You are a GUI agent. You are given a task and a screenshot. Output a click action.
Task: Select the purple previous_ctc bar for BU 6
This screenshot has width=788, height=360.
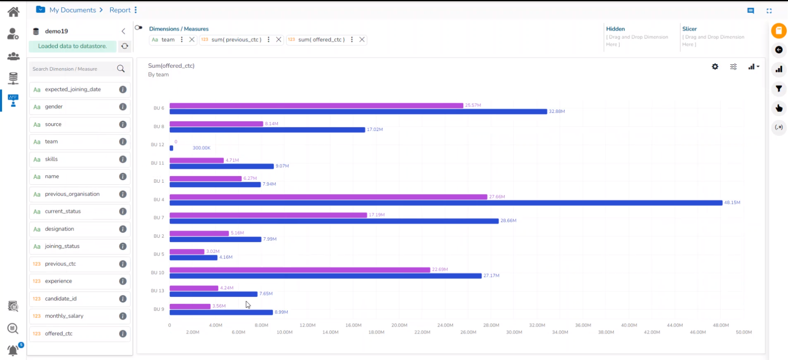click(x=316, y=105)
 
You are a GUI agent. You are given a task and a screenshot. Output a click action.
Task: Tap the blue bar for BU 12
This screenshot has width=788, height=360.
click(x=172, y=148)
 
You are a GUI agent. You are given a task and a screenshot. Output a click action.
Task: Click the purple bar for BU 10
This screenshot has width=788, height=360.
click(x=300, y=270)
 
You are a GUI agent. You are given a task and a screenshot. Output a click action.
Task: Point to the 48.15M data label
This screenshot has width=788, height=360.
click(x=732, y=203)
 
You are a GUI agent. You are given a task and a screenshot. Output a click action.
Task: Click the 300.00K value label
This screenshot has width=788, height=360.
click(x=202, y=148)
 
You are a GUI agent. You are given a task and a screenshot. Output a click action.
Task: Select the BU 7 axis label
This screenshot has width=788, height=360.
click(x=159, y=218)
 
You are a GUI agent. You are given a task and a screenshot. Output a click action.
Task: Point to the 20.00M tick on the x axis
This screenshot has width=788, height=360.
click(x=399, y=325)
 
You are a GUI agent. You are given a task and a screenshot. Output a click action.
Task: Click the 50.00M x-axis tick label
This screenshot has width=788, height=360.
click(x=744, y=332)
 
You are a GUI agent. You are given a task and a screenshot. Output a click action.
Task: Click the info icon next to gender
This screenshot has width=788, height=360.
click(x=123, y=107)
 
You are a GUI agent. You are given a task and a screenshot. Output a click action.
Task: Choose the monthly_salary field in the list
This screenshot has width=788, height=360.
click(x=64, y=316)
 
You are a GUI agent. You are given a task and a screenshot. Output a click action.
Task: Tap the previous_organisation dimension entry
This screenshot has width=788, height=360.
click(x=72, y=194)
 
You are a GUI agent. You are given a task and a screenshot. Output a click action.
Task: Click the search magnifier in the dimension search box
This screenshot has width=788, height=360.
click(x=121, y=69)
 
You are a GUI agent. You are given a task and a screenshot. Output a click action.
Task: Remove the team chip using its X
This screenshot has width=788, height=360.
click(x=192, y=40)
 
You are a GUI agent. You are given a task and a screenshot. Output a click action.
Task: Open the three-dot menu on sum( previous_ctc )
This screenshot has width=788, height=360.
click(x=268, y=40)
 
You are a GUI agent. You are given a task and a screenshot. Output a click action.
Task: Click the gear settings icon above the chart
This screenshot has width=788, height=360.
click(x=715, y=66)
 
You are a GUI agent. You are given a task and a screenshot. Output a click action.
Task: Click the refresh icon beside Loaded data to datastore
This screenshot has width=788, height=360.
click(x=125, y=46)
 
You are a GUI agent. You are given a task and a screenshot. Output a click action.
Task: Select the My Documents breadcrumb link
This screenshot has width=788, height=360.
click(x=73, y=10)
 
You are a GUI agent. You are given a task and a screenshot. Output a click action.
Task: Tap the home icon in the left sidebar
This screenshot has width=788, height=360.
click(x=14, y=12)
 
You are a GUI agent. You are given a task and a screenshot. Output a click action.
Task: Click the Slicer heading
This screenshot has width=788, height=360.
click(x=689, y=29)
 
